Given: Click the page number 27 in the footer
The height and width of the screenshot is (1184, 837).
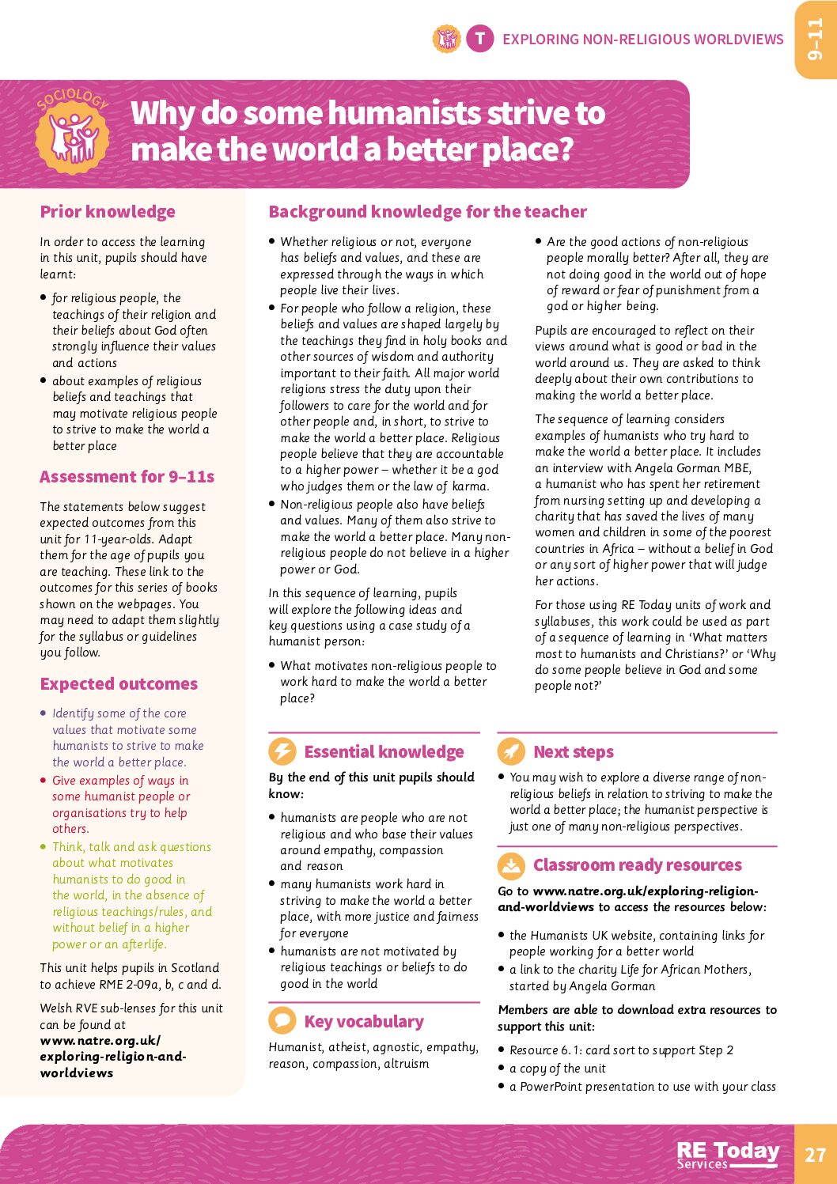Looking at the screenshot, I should click(x=815, y=1154).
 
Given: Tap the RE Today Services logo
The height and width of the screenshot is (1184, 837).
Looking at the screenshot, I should click(x=728, y=1154).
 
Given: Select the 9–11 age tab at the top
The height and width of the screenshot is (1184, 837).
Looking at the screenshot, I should click(x=816, y=40).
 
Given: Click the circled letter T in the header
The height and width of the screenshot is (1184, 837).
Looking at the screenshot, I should click(x=479, y=39).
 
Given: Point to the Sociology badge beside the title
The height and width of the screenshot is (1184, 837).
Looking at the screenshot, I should click(x=74, y=131).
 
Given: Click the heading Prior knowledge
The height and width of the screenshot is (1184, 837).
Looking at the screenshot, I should click(x=108, y=212).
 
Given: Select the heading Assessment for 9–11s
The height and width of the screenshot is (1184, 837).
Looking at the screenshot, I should click(x=127, y=477).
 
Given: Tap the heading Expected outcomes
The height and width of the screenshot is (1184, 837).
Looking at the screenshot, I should click(x=119, y=684).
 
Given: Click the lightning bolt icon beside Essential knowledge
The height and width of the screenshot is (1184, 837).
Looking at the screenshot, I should click(x=282, y=751).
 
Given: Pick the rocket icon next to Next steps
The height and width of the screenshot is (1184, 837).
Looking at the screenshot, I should click(x=511, y=751).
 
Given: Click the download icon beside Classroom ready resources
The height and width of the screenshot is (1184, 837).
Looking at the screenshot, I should click(x=511, y=865).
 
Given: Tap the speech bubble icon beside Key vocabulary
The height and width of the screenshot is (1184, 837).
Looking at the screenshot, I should click(x=282, y=1021).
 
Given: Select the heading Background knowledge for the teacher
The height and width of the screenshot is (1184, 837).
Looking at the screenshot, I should click(x=427, y=212).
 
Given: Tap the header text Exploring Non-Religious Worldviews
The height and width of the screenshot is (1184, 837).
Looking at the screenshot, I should click(x=642, y=40).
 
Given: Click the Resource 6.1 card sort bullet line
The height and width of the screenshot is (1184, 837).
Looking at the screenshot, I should click(x=621, y=1050).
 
